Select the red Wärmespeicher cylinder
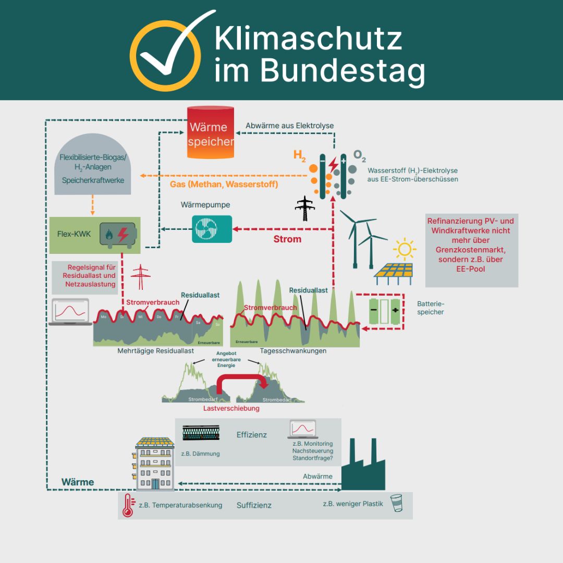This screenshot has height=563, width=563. [211, 132]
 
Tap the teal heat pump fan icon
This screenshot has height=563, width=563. [212, 229]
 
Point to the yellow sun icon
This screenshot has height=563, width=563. [404, 249]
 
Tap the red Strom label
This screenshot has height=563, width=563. [287, 239]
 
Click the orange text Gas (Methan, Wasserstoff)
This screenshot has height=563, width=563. [224, 185]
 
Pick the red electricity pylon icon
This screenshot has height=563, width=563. [140, 277]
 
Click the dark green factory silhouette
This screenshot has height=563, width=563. [363, 467]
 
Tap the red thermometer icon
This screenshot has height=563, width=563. [127, 505]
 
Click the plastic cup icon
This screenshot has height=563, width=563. [397, 503]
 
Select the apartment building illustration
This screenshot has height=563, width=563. [155, 464]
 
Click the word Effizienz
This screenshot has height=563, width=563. [252, 434]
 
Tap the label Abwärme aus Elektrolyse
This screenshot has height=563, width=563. [289, 126]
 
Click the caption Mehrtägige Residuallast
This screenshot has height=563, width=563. [156, 351]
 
